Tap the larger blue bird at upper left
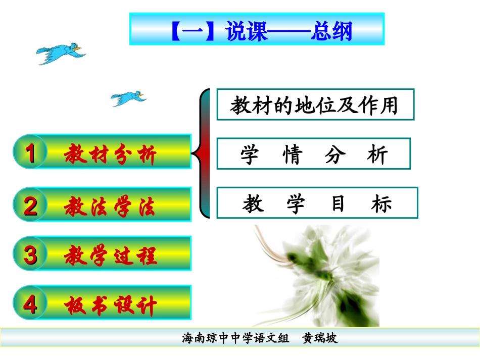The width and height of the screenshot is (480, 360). tap(60, 53)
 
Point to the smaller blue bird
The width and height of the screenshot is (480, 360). tap(128, 97)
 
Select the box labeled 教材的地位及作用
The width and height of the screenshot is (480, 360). tap(315, 105)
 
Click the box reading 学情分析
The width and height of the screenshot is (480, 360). tap(313, 154)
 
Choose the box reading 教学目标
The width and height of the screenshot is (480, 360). tap(317, 203)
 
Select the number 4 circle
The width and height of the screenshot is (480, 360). tap(30, 304)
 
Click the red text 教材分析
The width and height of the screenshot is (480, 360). tap(111, 154)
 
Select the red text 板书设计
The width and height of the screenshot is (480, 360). tap(111, 305)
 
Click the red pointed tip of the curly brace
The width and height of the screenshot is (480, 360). tap(195, 151)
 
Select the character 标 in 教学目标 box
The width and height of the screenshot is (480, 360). tap(382, 203)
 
